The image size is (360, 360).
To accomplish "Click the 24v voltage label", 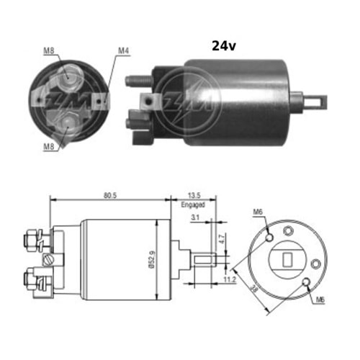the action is [224, 45].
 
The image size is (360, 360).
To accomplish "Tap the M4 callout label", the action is [124, 50].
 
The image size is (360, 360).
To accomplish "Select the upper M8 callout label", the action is [49, 50].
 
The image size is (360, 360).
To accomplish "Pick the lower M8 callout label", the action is [49, 146].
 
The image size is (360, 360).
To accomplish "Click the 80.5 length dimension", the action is [110, 195].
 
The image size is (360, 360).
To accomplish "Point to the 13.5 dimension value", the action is [194, 195].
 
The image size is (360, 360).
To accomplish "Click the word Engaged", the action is [193, 204].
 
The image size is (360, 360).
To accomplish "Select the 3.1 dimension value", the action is [195, 217].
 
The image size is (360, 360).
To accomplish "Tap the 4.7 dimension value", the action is [222, 239].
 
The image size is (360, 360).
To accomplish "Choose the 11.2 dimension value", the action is [230, 279].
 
